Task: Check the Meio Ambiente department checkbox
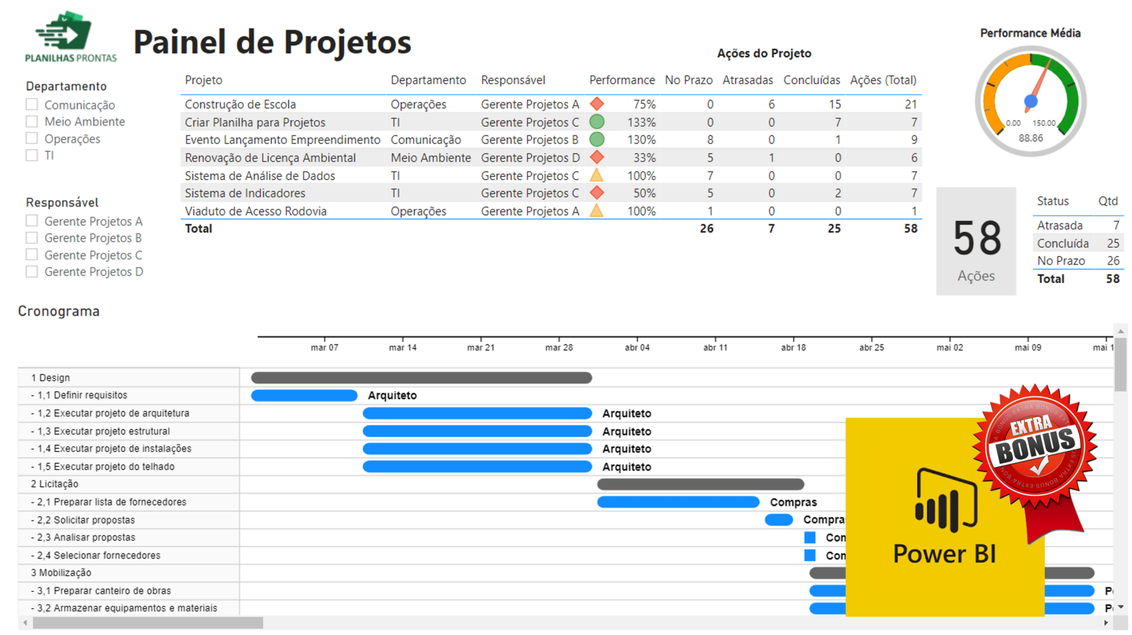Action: [32, 122]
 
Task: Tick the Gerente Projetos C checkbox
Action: [32, 255]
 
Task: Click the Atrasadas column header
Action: [747, 80]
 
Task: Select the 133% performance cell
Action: [641, 122]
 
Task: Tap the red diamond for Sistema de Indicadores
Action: [596, 193]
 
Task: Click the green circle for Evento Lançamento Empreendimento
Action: [596, 139]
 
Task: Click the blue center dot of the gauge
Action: [1030, 101]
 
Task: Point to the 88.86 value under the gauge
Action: [1030, 138]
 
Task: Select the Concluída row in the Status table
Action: [1062, 243]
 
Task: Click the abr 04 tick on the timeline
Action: [637, 347]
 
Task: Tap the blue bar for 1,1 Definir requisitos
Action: [304, 395]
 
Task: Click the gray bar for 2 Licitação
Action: [700, 485]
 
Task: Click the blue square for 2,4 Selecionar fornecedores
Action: [810, 555]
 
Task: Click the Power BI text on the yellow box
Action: [944, 554]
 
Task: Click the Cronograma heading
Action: [59, 311]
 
